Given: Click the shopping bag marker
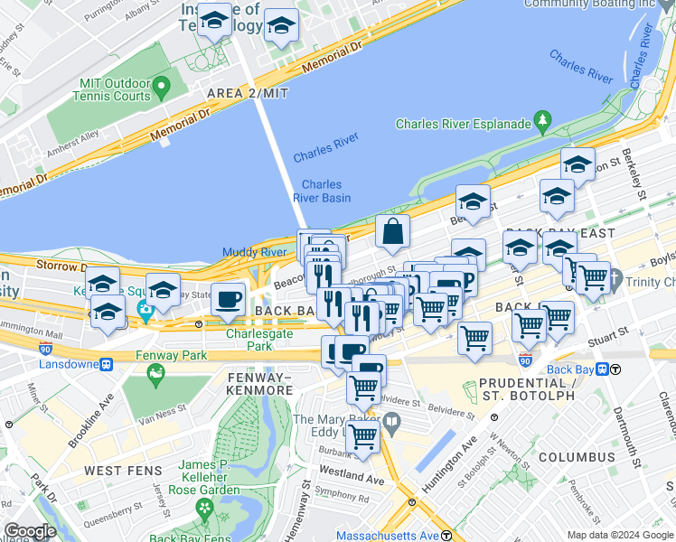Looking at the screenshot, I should point(393,233).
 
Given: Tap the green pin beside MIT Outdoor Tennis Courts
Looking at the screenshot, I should point(163,89).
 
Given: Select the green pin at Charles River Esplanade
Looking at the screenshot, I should point(542,119).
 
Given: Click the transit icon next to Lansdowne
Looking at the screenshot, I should point(107,365).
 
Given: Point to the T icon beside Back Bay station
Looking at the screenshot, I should point(615,369).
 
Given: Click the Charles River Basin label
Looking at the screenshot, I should point(322,192).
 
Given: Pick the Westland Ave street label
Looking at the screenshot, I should point(352,476).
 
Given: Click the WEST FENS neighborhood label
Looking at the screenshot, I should point(123,472).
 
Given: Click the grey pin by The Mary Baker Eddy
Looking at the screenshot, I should point(391,421).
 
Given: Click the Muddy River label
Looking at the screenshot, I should point(254,252).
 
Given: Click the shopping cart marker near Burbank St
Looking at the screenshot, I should point(363,437).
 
